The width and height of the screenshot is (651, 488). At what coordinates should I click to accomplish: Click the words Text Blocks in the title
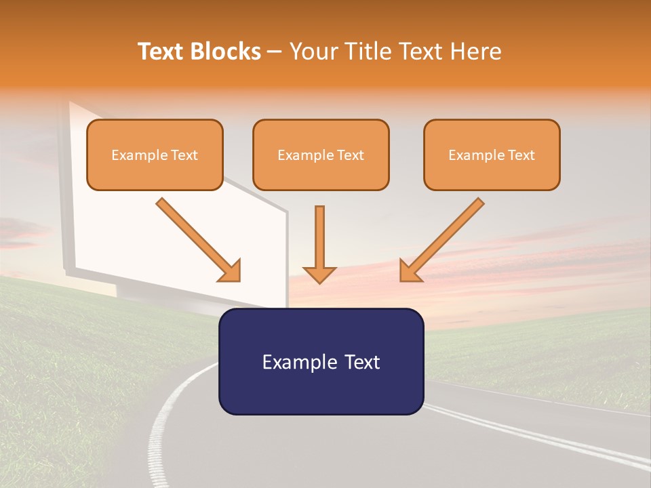tap(199, 52)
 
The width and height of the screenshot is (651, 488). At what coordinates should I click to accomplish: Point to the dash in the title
tap(275, 52)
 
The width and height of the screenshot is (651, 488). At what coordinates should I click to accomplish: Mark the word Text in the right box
tap(521, 155)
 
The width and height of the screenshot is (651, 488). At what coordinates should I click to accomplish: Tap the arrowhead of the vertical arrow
tap(319, 274)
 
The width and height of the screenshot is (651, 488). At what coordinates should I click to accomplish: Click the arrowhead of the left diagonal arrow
tap(231, 271)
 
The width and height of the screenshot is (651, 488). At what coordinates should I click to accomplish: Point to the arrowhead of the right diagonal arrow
tap(410, 271)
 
